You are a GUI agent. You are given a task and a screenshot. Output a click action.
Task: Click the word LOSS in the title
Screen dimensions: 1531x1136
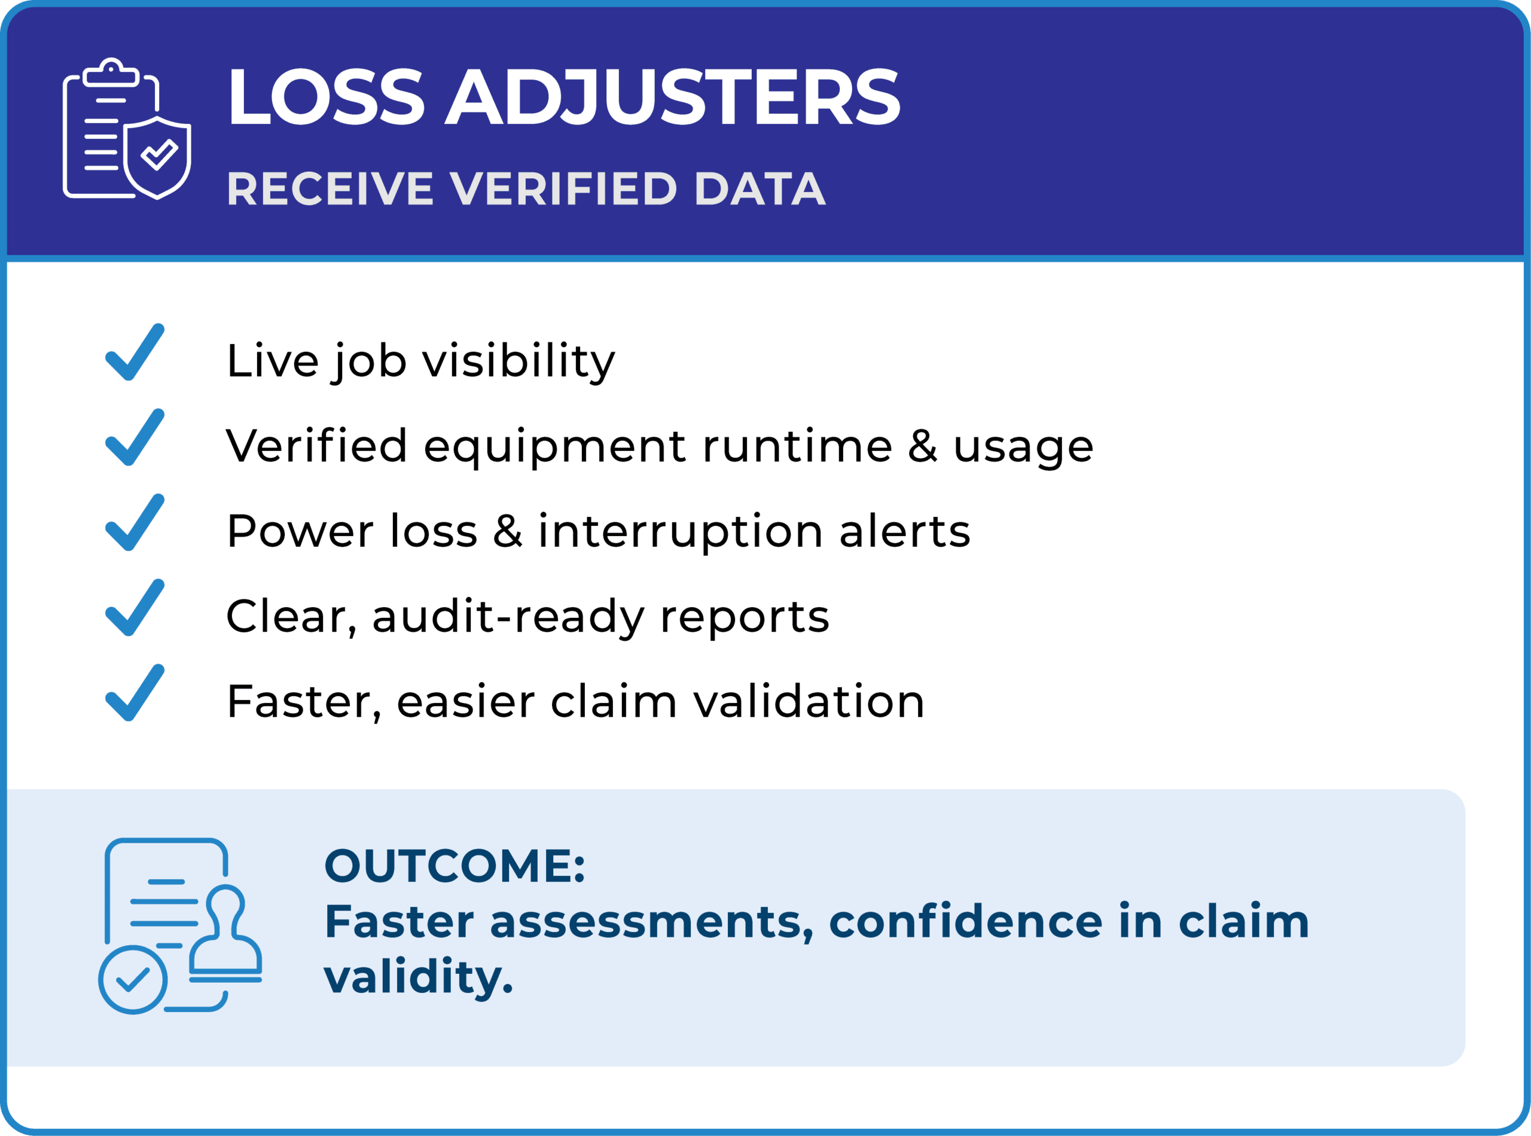click(x=326, y=97)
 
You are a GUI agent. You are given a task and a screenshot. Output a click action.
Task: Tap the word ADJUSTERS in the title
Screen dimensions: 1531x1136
click(x=672, y=97)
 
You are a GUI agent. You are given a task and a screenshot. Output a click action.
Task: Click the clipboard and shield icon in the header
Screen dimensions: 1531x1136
click(x=127, y=129)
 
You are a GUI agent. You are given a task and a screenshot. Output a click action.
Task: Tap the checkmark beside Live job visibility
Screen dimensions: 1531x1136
click(x=135, y=351)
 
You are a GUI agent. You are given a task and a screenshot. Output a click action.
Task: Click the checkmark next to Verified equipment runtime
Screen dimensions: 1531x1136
click(x=135, y=437)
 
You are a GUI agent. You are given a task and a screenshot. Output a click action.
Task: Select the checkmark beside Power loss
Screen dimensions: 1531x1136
click(x=135, y=522)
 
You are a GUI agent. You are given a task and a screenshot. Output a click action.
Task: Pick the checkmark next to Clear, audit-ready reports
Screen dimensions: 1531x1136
click(x=135, y=607)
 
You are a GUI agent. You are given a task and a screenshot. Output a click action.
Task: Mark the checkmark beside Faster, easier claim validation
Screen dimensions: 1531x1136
click(x=135, y=693)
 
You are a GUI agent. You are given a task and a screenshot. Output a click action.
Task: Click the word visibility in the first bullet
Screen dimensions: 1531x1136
click(x=519, y=362)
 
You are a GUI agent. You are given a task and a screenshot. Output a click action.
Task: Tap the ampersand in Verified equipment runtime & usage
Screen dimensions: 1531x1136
click(x=923, y=446)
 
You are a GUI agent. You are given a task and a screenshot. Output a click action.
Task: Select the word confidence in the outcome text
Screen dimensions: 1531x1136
click(x=966, y=921)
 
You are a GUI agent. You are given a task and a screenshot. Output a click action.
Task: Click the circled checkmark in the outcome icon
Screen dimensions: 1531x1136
click(x=133, y=980)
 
